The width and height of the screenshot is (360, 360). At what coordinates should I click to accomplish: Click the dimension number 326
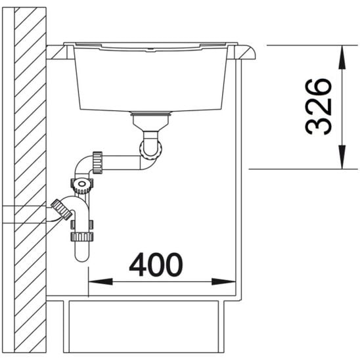coord(319,106)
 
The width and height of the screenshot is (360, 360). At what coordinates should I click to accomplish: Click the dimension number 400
coord(156,265)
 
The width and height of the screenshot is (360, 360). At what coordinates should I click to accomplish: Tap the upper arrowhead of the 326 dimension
coord(342,57)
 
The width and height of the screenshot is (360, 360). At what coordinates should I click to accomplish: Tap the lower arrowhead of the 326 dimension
coord(342,157)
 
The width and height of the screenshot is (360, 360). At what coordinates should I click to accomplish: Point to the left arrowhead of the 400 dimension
coord(101,281)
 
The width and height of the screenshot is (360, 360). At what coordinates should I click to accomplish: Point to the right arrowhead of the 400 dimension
coord(223,281)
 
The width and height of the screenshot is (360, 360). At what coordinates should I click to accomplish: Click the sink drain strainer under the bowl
coord(151,114)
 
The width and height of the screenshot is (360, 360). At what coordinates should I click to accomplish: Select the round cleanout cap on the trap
coord(81,184)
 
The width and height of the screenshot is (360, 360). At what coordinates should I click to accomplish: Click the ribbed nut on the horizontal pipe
coord(97,162)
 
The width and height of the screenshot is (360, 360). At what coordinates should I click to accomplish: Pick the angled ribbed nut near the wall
coord(62,210)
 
